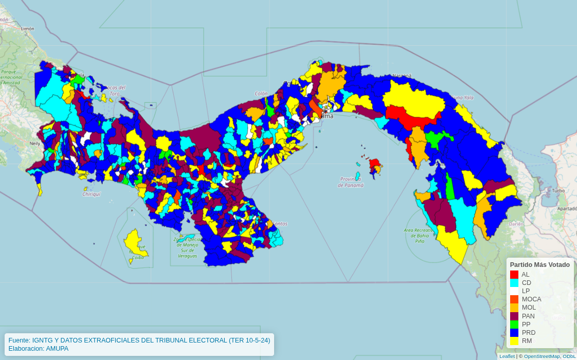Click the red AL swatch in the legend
coord(514,275)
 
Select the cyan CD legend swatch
coord(514,283)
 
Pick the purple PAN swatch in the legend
coord(514,316)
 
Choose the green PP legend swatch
coord(514,325)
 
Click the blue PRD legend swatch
coord(514,333)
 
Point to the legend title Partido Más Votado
coord(539,264)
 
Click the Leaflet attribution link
coord(507,356)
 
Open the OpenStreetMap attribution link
coord(541,356)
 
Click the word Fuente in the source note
coord(19,340)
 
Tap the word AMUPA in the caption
coord(57,348)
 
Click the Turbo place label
coord(558,190)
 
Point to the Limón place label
coord(27,29)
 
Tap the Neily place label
coord(35,143)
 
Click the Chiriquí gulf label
coord(92,194)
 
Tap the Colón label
coord(261,94)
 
